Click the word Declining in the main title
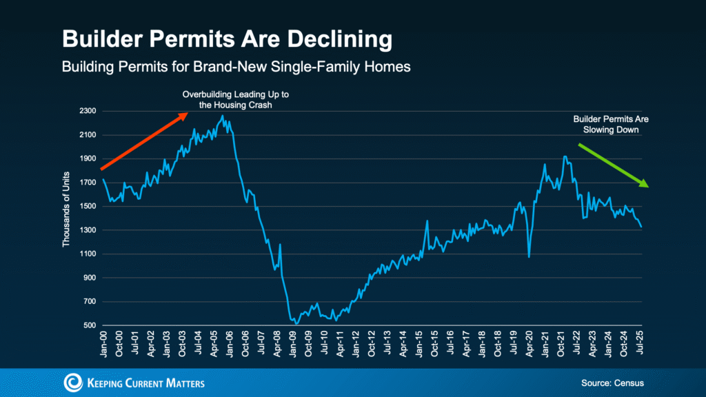(325, 39)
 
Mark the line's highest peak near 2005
(221, 116)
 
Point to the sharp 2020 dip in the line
(529, 257)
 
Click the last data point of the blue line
(641, 226)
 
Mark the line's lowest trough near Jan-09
(296, 323)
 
